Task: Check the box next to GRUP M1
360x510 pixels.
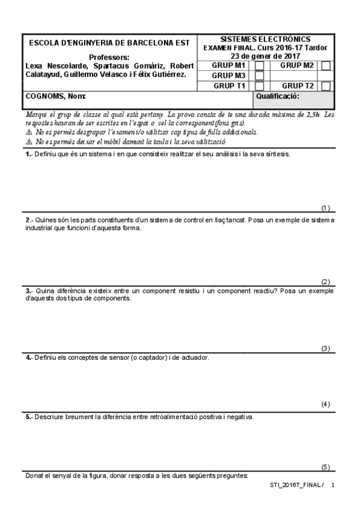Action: pos(260,66)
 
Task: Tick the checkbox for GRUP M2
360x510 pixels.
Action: pos(326,66)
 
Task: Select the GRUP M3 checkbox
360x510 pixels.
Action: pos(260,76)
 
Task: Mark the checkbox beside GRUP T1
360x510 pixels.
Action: pos(260,86)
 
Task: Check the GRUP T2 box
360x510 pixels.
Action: pos(326,86)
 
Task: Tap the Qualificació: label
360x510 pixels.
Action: pos(278,96)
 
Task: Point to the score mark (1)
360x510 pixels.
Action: pos(326,208)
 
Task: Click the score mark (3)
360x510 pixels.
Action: pos(326,348)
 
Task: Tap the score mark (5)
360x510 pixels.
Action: pos(326,467)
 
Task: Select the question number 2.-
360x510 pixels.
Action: pos(29,220)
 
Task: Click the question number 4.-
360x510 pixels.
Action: pos(29,357)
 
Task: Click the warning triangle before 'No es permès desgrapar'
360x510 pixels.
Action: pos(29,132)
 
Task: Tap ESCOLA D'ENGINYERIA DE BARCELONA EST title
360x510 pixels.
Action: pos(109,43)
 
